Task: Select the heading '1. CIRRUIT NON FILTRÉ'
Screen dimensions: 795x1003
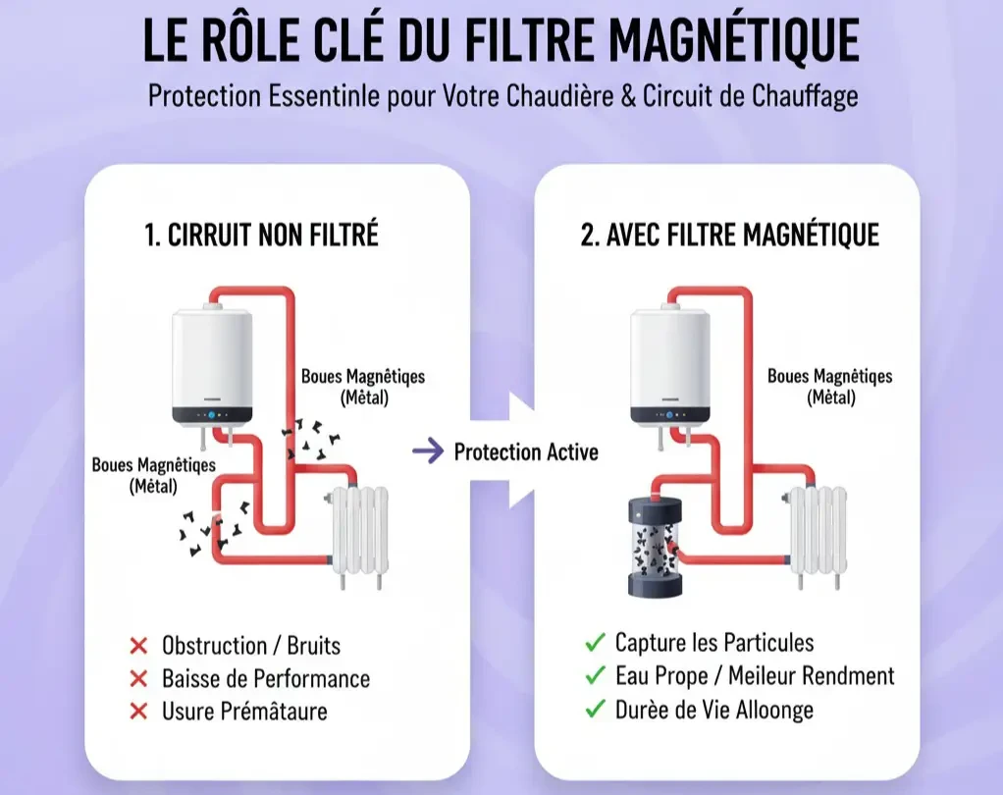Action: pyautogui.click(x=260, y=236)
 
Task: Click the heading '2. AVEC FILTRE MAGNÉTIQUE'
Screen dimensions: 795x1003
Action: pyautogui.click(x=729, y=236)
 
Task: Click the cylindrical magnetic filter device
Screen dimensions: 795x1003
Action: pyautogui.click(x=656, y=547)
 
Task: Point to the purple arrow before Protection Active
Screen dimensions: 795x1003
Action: pyautogui.click(x=427, y=451)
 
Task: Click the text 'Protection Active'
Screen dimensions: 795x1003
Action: pyautogui.click(x=526, y=451)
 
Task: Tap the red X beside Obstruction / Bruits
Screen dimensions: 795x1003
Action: pyautogui.click(x=138, y=646)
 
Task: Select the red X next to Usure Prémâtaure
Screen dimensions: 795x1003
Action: pyautogui.click(x=138, y=711)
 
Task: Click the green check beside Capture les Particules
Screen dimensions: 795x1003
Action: pyautogui.click(x=594, y=644)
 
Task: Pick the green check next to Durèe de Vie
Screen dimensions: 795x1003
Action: pyautogui.click(x=594, y=709)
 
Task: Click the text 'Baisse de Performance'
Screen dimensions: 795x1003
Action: pyautogui.click(x=266, y=678)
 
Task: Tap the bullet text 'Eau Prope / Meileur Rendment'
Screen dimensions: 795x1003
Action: pyautogui.click(x=755, y=675)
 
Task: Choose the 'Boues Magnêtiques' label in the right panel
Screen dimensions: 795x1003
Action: pyautogui.click(x=829, y=377)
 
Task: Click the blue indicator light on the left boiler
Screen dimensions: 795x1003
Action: pyautogui.click(x=211, y=415)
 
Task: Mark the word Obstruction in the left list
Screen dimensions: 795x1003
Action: pyautogui.click(x=214, y=646)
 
